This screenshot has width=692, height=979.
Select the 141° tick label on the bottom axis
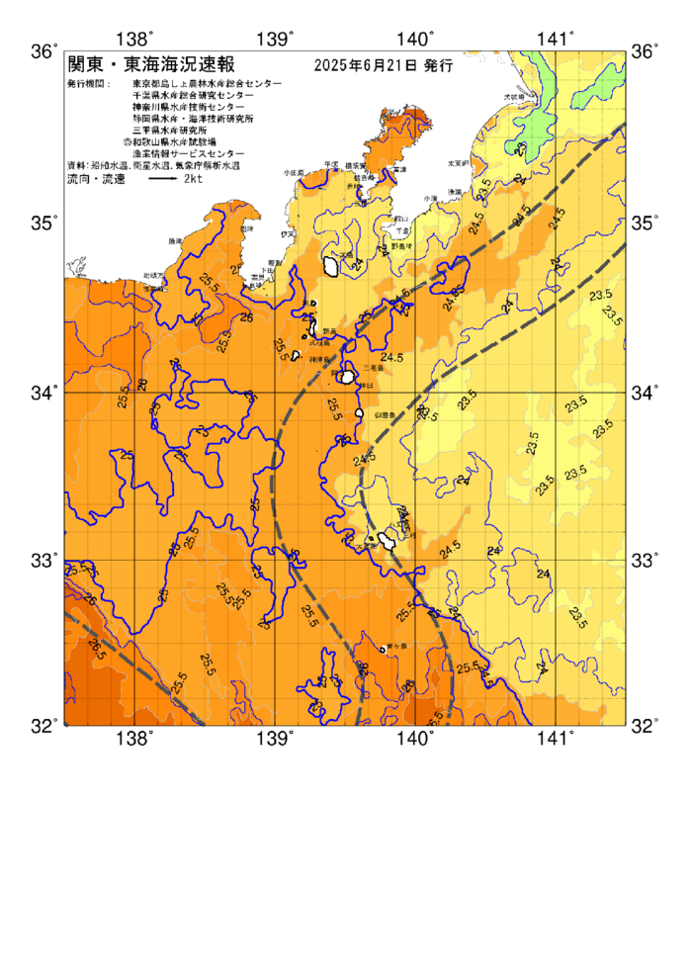[x=556, y=739]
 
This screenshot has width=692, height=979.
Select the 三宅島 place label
[x=373, y=367]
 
